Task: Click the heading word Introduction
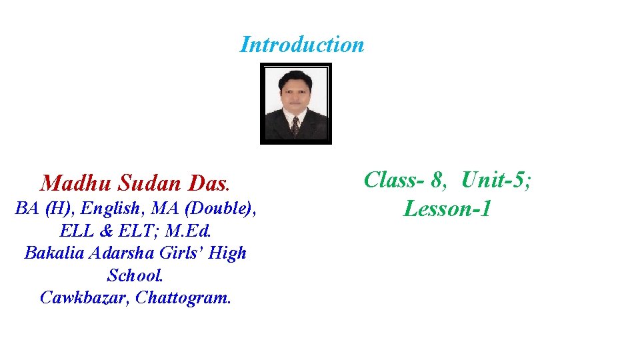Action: [x=302, y=45]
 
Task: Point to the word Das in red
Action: [x=208, y=183]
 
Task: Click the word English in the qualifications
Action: [x=115, y=209]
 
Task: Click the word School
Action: [x=135, y=275]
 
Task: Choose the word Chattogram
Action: [x=183, y=297]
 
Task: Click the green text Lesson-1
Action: [x=447, y=209]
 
